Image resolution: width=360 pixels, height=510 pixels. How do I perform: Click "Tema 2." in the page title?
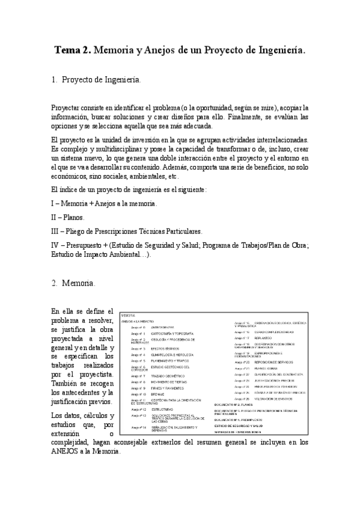73,52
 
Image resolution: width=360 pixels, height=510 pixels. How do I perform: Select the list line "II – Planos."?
68,217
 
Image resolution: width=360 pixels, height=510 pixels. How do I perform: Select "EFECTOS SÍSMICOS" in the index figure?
166,348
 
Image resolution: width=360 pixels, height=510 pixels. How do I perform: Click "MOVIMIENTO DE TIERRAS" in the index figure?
171,381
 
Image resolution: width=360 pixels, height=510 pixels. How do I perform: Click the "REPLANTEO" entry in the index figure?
265,338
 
